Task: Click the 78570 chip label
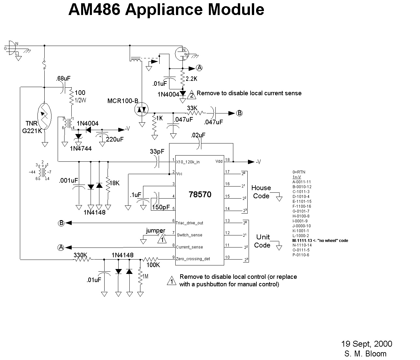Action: pos(200,195)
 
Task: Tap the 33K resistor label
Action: pos(192,108)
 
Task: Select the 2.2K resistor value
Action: pos(191,79)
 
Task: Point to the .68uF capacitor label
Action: pos(63,79)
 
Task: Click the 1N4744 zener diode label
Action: pos(80,148)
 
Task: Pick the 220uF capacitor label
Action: pos(115,139)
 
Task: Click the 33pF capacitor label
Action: pos(157,151)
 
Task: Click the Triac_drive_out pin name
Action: pos(189,223)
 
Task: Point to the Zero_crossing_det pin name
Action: pos(193,259)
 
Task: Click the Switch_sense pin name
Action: pos(189,235)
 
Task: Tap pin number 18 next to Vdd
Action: pos(227,160)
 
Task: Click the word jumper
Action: pos(155,231)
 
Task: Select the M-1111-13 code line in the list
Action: pos(320,240)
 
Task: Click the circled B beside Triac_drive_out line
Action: pos(61,223)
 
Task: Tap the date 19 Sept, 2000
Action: pos(367,344)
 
